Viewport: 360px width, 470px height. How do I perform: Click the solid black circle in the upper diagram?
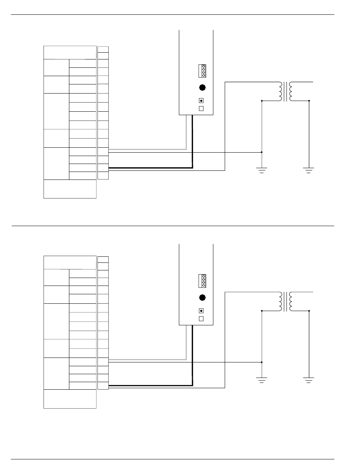point(202,87)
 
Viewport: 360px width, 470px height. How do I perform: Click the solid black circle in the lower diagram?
point(202,297)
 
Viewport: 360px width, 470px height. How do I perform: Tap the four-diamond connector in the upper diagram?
point(202,70)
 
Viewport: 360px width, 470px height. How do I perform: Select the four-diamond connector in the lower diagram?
point(202,280)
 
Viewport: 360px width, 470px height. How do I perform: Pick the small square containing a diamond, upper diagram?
point(201,101)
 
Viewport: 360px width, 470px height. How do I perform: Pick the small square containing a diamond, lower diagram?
point(201,311)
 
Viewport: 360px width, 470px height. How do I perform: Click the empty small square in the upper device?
point(201,108)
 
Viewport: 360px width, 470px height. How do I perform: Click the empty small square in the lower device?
point(201,318)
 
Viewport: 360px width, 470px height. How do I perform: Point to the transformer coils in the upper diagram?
point(285,92)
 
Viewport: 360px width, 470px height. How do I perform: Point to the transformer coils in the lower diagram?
point(285,301)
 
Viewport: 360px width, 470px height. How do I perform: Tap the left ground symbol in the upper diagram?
point(262,170)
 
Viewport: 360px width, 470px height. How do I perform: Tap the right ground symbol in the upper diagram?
point(309,170)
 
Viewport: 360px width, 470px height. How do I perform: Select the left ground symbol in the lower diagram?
point(262,380)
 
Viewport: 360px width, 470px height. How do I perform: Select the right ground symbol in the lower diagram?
point(309,380)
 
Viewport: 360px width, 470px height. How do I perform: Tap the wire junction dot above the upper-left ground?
point(262,152)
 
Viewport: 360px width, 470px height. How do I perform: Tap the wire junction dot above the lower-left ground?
point(262,362)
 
